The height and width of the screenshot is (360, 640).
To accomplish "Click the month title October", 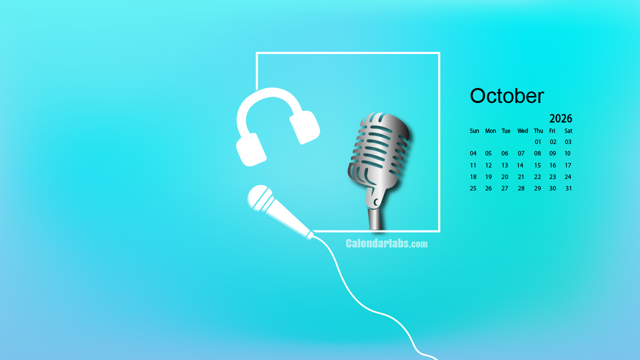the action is click(507, 96).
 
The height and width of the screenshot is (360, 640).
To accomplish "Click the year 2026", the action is click(561, 118).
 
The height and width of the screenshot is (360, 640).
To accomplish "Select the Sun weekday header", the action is click(474, 131).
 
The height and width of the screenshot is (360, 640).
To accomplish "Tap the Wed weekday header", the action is click(523, 131).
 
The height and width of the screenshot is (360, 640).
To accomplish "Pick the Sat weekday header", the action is click(568, 131).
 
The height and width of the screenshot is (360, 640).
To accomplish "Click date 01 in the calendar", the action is click(538, 142).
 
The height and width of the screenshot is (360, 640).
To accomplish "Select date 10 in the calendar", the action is click(568, 153).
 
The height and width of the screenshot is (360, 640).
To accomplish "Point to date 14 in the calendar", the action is click(520, 165).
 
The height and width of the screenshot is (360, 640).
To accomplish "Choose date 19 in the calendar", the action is click(489, 177).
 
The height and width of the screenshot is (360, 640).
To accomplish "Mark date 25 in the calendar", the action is click(473, 188).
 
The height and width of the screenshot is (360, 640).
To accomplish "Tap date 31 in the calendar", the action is click(569, 188).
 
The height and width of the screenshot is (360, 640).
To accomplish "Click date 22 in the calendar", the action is click(538, 177).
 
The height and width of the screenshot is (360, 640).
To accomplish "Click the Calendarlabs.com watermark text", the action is click(387, 243).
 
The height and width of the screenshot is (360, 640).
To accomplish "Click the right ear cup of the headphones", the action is click(305, 127).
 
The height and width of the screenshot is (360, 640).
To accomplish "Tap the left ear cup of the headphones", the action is click(251, 149).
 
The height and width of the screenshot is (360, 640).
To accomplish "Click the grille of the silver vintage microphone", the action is click(379, 148).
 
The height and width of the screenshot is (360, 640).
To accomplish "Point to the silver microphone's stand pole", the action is click(375, 219).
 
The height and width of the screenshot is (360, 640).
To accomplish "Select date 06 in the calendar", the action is click(505, 153).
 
